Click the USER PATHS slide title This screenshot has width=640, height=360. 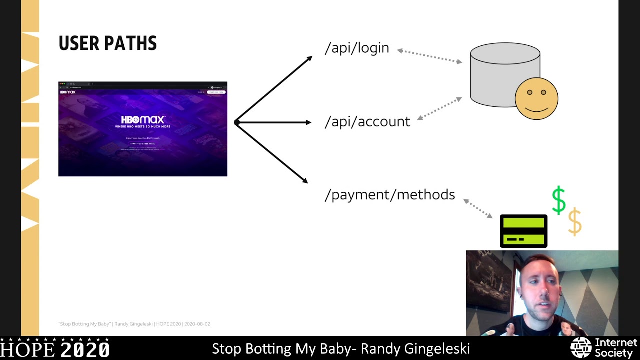point(107,43)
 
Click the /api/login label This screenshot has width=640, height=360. point(357,48)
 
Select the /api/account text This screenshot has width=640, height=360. point(367,122)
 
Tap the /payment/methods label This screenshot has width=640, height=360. point(390,195)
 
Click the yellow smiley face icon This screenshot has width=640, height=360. point(536,98)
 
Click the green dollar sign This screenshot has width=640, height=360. point(558,200)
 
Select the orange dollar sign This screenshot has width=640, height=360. point(575,222)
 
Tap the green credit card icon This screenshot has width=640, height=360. point(523,231)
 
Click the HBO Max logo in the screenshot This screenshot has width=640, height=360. point(143,120)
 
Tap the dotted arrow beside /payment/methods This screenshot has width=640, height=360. point(478,208)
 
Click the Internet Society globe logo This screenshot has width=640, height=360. point(581,348)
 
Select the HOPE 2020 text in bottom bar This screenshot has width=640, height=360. point(55,348)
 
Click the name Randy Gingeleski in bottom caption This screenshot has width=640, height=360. point(415,348)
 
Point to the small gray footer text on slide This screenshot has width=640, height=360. point(134,324)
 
